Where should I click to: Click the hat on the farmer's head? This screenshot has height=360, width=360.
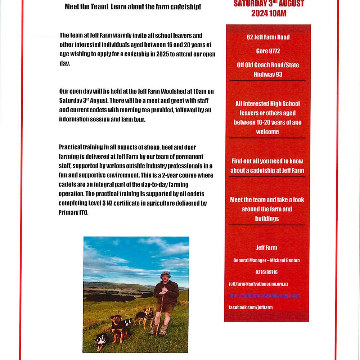[165, 274]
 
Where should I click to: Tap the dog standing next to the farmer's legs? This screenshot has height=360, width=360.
[145, 317]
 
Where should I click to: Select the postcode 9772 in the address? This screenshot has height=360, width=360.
[273, 51]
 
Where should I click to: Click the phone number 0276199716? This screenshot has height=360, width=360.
[266, 272]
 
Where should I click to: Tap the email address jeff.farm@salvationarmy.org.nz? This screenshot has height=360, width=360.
[258, 284]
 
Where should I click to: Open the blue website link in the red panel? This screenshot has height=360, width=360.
[264, 296]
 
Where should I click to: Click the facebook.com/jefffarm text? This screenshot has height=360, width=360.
[251, 307]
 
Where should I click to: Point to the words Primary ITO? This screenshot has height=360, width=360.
[73, 213]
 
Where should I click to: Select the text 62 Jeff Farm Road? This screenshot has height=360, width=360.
[268, 37]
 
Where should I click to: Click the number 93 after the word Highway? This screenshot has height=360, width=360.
[277, 75]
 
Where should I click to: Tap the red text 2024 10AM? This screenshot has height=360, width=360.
[269, 13]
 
